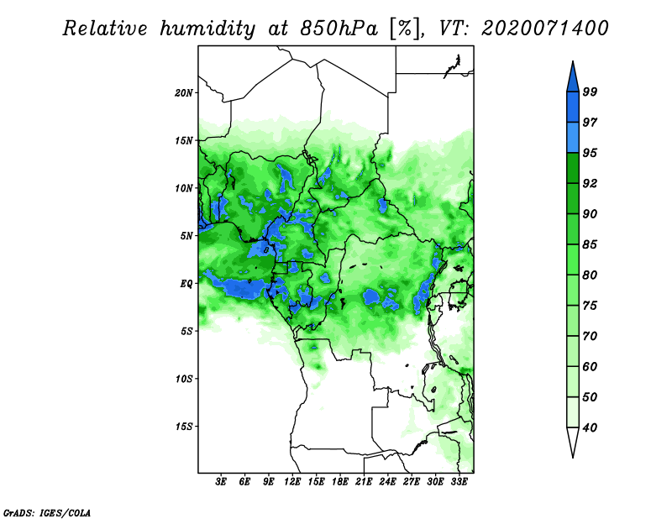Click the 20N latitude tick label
coord(184,93)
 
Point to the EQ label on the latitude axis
coord(186,284)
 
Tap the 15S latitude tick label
coord(184,427)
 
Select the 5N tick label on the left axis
coord(186,236)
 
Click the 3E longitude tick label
coord(221,482)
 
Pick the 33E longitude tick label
coord(459,482)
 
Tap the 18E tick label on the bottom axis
coord(340,482)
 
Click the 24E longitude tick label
coord(387,482)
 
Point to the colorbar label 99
coord(590,92)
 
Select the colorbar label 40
coord(590,427)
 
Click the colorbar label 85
coord(590,244)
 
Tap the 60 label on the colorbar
coord(590,366)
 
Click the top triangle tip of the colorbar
coord(573,61)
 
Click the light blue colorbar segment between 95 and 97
coord(573,138)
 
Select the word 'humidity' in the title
coord(207,29)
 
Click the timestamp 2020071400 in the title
coord(545,29)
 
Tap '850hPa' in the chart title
coord(339,29)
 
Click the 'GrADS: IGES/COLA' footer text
coord(47,513)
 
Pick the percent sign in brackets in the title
coord(405,29)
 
